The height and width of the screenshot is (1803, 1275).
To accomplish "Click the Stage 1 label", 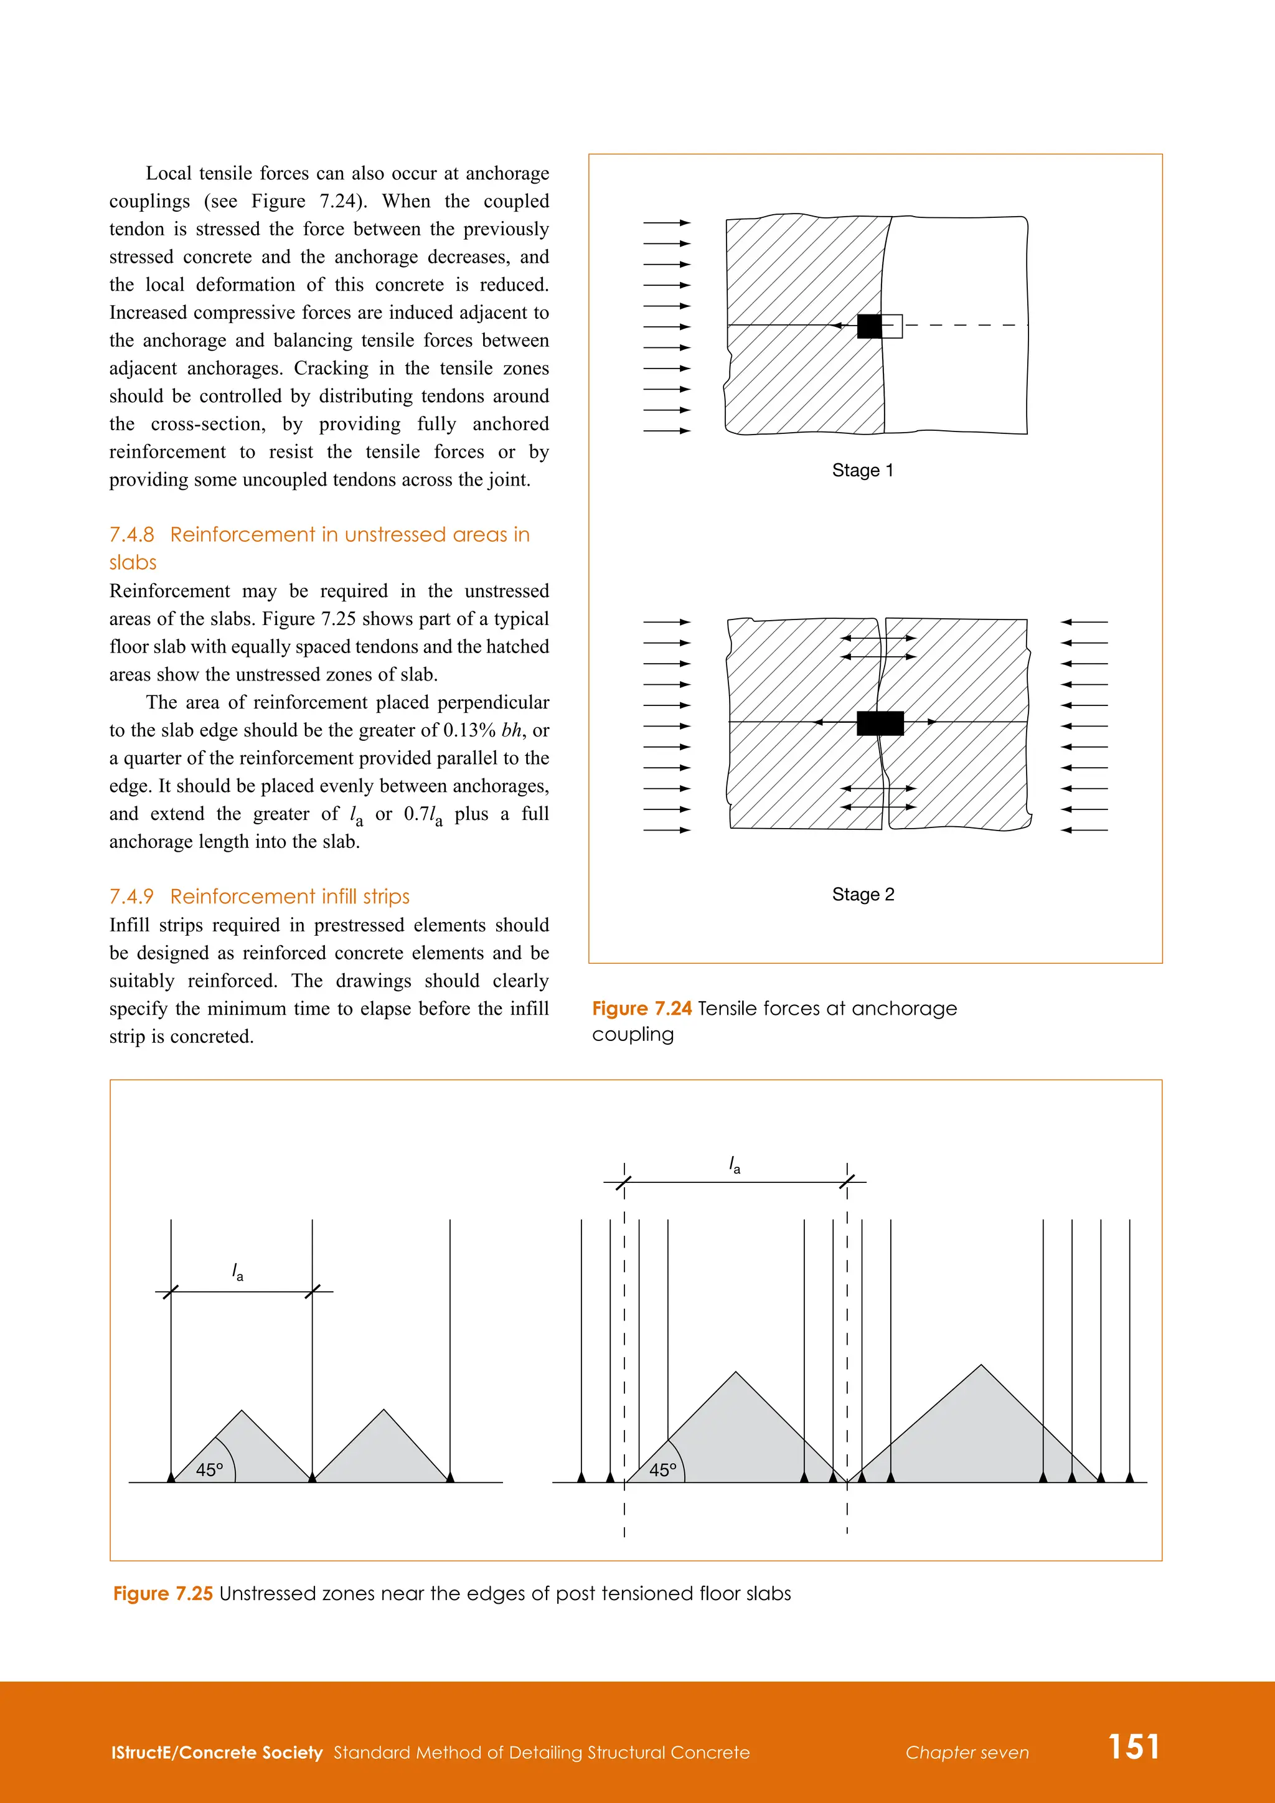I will click(x=862, y=471).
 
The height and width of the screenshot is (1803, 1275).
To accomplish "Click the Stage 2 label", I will click(x=863, y=895).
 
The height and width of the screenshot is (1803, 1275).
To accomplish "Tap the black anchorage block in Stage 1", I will click(x=868, y=326).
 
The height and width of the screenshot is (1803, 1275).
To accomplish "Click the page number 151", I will click(x=1133, y=1746).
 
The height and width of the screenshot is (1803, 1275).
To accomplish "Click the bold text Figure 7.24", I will click(x=641, y=1009).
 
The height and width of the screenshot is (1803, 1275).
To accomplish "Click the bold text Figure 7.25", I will click(x=162, y=1593).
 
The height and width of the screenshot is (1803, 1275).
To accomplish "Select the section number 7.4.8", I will click(x=131, y=535).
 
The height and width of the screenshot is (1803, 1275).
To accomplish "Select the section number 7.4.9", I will click(x=131, y=897).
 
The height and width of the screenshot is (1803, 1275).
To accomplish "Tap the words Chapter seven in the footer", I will click(x=966, y=1753).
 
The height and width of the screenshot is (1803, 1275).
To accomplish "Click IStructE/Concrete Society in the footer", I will click(x=217, y=1753).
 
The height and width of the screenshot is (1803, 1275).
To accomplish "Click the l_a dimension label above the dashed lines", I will click(x=735, y=1165).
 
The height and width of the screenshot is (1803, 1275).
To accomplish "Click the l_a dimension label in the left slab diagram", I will click(x=237, y=1272).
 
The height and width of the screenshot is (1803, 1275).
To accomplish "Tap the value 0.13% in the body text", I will click(x=469, y=730).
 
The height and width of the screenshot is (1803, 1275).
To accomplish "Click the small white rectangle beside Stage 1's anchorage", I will click(x=892, y=326).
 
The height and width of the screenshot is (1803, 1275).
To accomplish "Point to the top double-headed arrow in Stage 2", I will click(x=878, y=638).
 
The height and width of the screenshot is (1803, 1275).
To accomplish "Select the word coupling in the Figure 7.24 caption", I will click(x=633, y=1034).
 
